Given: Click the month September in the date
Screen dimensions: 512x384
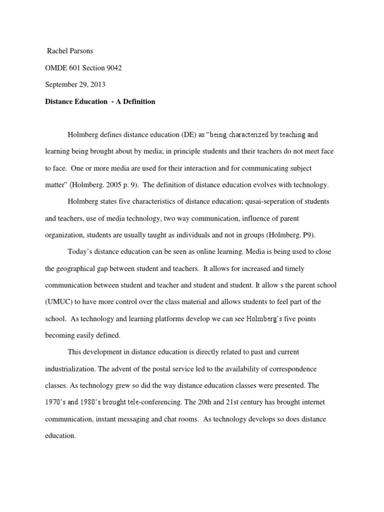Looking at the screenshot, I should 63,84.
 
